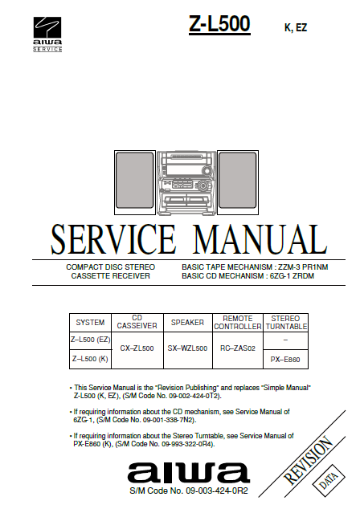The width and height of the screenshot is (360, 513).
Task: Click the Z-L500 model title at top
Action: pyautogui.click(x=219, y=24)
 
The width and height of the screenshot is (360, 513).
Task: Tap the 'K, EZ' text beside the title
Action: pyautogui.click(x=296, y=28)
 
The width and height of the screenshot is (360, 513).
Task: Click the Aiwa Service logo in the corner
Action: pyautogui.click(x=47, y=35)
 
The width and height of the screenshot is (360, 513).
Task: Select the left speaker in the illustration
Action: pyautogui.click(x=135, y=182)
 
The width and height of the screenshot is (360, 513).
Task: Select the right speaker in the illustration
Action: pyautogui.click(x=238, y=182)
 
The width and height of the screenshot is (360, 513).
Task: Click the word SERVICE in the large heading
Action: pyautogui.click(x=113, y=239)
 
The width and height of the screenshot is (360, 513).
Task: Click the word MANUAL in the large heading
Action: pyautogui.click(x=260, y=239)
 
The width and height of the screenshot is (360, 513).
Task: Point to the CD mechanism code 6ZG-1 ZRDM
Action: pyautogui.click(x=292, y=276)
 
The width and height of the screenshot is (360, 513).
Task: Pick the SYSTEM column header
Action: pyautogui.click(x=90, y=323)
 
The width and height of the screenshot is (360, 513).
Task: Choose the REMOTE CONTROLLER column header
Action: pyautogui.click(x=238, y=323)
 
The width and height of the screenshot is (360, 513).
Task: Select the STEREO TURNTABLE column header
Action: pyautogui.click(x=285, y=323)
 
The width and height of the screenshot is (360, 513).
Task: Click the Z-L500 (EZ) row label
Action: pyautogui.click(x=91, y=340)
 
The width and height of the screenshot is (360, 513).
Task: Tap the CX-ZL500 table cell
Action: pyautogui.click(x=137, y=348)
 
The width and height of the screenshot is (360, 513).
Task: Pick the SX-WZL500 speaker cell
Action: pyautogui.click(x=187, y=348)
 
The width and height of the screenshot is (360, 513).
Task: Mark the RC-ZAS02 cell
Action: pyautogui.click(x=238, y=348)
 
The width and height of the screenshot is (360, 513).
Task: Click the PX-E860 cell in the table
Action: pyautogui.click(x=285, y=360)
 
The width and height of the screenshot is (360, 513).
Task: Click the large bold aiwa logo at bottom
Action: pyautogui.click(x=189, y=473)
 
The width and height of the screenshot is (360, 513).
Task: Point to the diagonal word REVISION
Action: pyautogui.click(x=309, y=461)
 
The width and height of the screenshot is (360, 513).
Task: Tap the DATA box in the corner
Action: pyautogui.click(x=329, y=481)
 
